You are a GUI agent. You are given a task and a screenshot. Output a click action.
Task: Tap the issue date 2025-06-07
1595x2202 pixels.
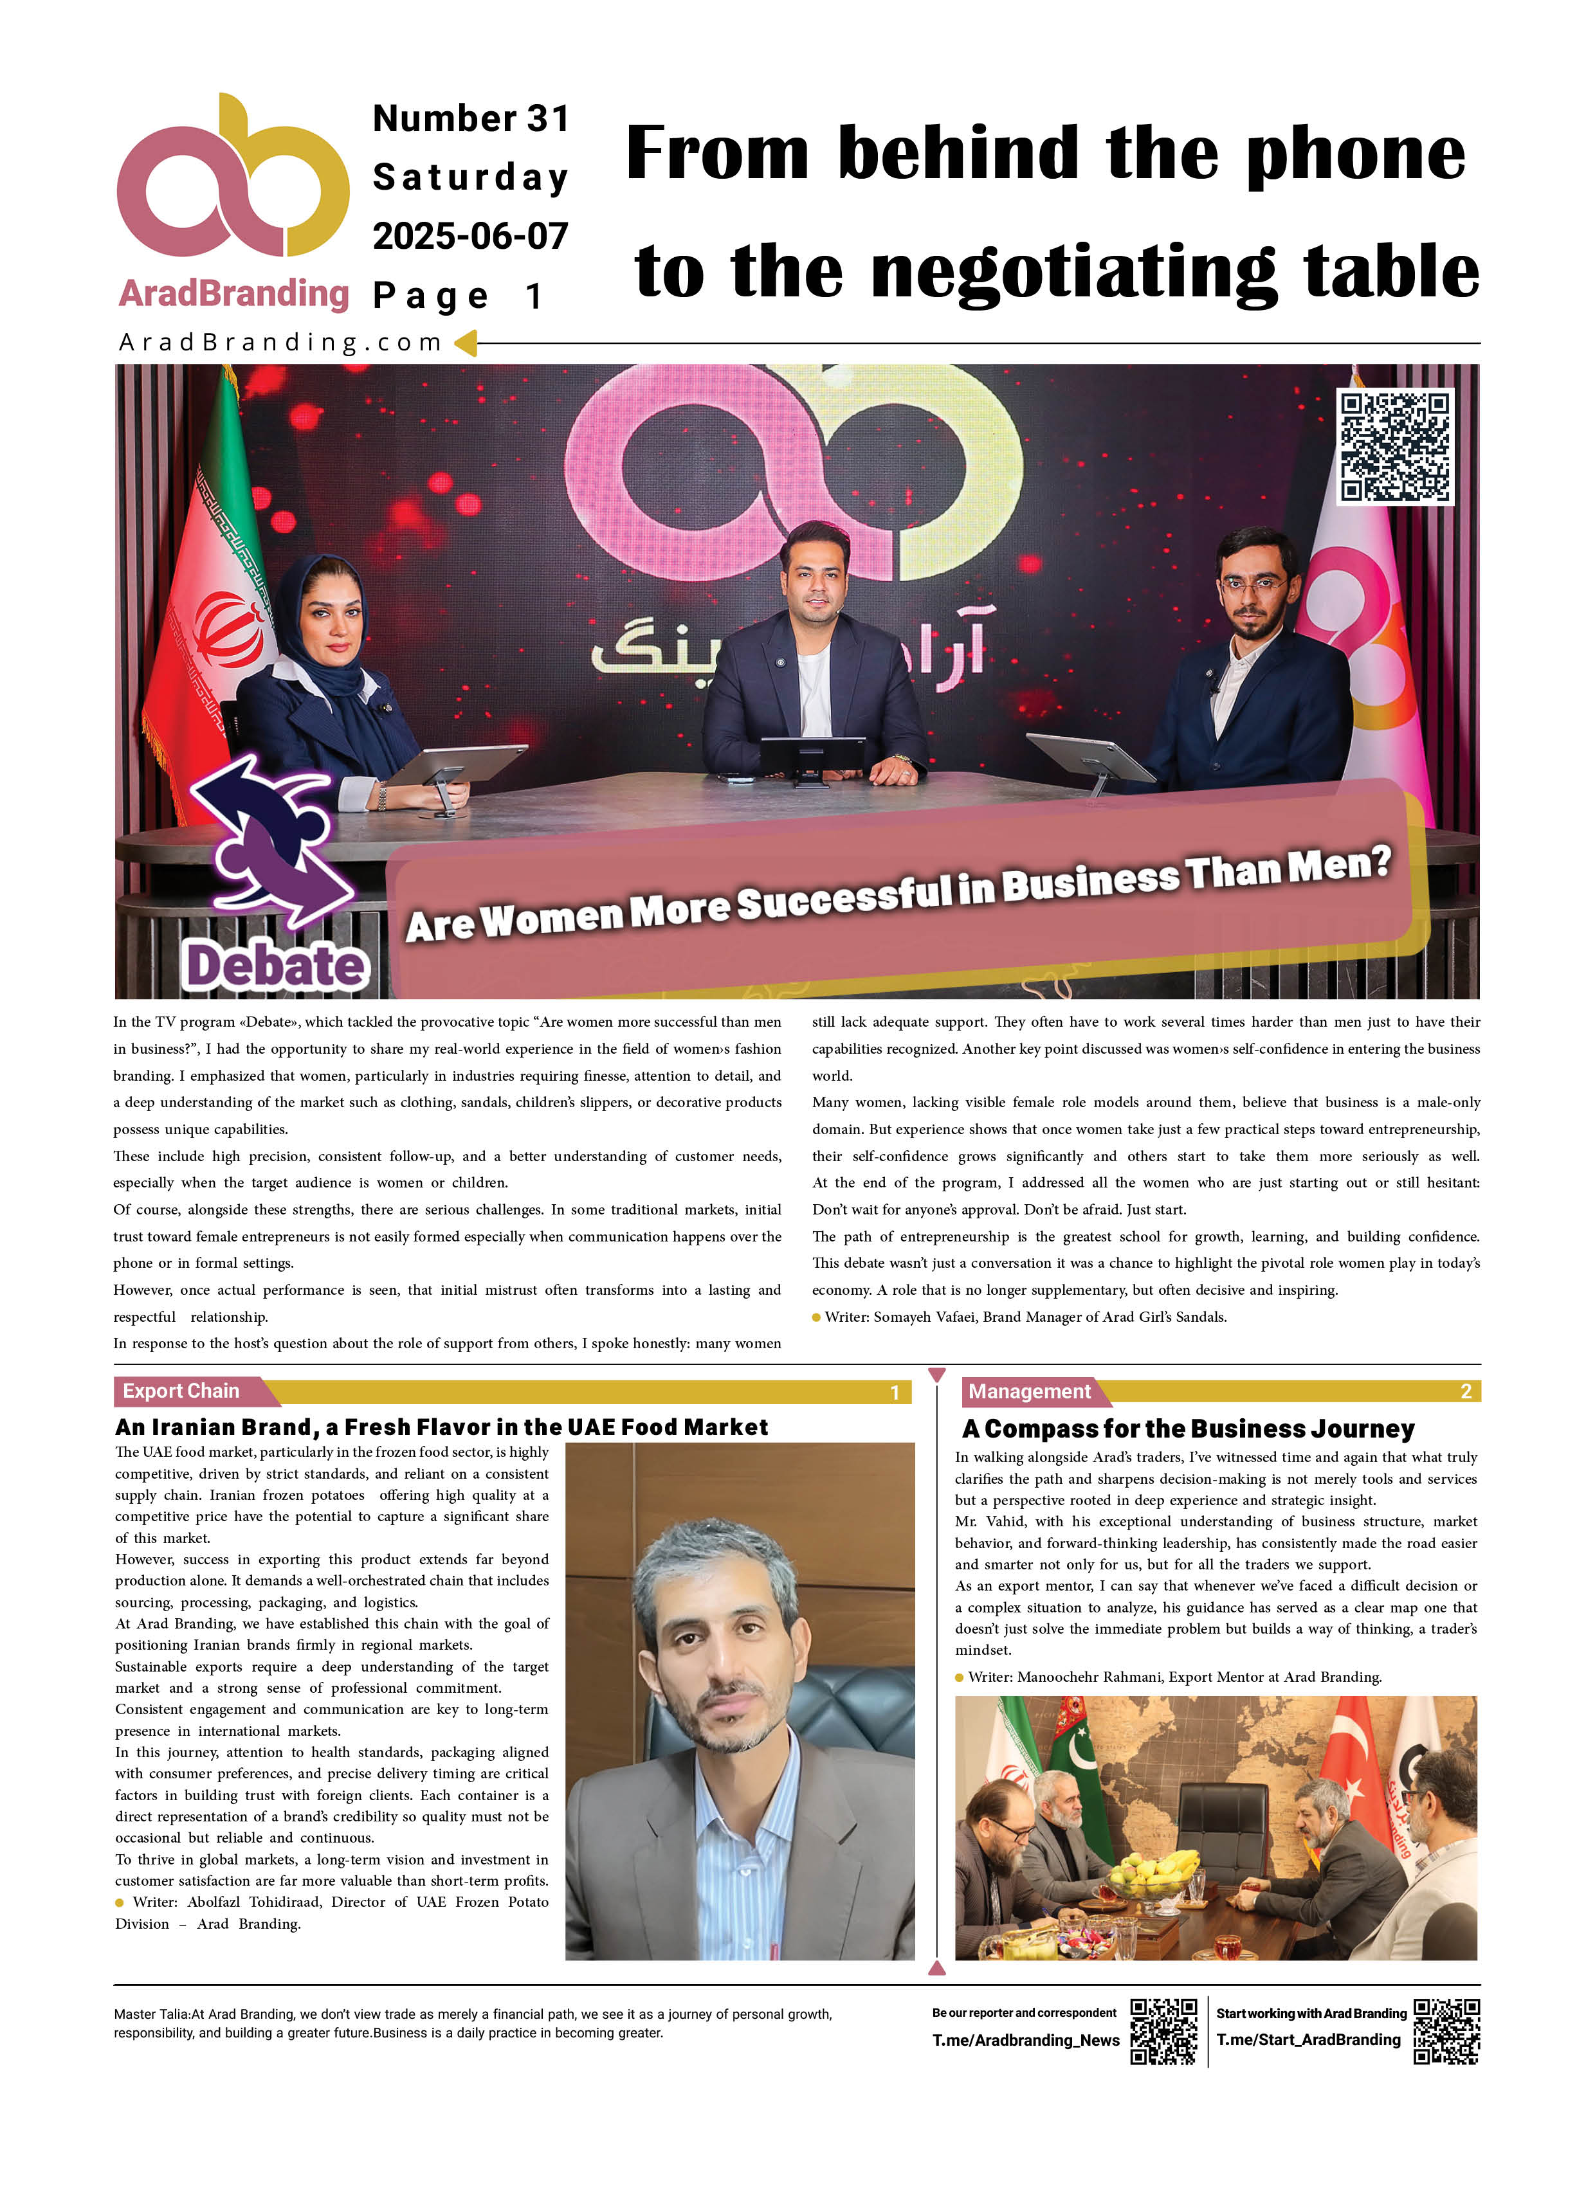[x=470, y=236]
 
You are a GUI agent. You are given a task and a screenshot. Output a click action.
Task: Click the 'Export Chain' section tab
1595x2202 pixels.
[x=181, y=1391]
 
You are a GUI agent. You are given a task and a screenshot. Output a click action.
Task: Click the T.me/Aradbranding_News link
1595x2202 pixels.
[x=1025, y=2040]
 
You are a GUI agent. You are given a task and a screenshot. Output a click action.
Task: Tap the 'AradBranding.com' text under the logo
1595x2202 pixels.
[x=280, y=343]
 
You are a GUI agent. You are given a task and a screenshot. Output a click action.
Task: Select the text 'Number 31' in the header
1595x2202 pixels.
[x=470, y=118]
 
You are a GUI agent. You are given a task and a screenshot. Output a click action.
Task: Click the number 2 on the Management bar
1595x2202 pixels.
[x=1466, y=1391]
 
